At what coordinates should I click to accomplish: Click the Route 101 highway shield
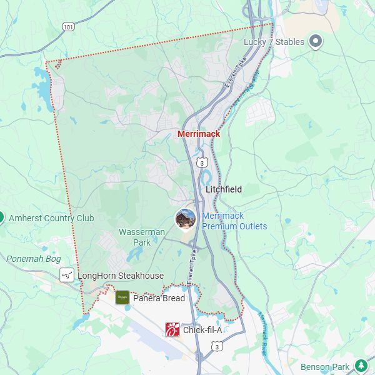(68, 26)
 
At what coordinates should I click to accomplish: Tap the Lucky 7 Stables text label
(274, 42)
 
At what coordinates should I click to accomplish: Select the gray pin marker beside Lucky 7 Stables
(316, 42)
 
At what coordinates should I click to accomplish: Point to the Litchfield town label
(224, 189)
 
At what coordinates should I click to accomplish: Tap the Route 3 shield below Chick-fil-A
(216, 346)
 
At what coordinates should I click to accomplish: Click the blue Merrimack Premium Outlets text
(234, 221)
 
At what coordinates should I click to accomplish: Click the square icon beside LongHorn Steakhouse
(67, 276)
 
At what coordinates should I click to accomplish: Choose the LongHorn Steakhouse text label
(121, 276)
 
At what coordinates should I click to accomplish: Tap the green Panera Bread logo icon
(122, 297)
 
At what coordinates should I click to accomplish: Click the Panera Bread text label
(159, 298)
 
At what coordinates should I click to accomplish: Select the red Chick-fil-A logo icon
(172, 329)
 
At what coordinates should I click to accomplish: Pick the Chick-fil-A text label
(202, 330)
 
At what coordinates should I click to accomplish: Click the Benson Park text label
(325, 366)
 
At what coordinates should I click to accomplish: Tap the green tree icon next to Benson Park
(361, 366)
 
